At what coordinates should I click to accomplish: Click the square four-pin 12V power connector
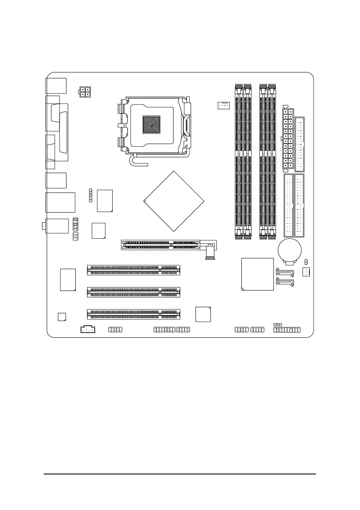coord(85,92)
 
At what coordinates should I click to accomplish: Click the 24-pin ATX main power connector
coord(288,138)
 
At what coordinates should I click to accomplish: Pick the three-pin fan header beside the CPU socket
coord(223,105)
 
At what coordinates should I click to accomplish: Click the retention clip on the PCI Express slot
coord(210,252)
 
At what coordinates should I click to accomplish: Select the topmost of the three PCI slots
coord(134,270)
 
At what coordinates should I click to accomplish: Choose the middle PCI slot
coord(134,292)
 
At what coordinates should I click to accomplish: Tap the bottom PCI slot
coord(134,315)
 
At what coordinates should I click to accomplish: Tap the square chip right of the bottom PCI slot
coord(203,314)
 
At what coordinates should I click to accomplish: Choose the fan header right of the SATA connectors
coord(306,271)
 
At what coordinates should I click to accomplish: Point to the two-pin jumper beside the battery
coord(306,261)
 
